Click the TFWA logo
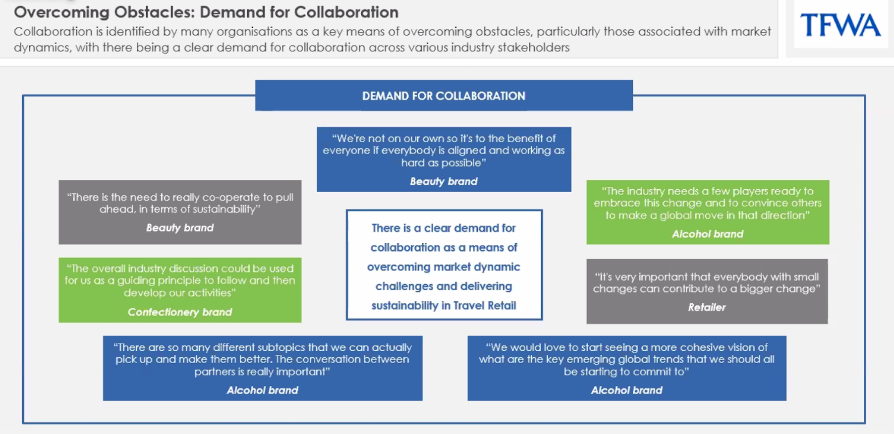tap(840, 25)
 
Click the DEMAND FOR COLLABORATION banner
tap(444, 96)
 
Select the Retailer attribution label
tap(707, 307)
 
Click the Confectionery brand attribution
tap(180, 312)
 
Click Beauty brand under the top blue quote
tap(444, 181)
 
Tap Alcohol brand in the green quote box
tap(707, 234)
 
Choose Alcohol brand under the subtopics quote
tap(262, 390)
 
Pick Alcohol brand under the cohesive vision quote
tap(626, 390)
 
